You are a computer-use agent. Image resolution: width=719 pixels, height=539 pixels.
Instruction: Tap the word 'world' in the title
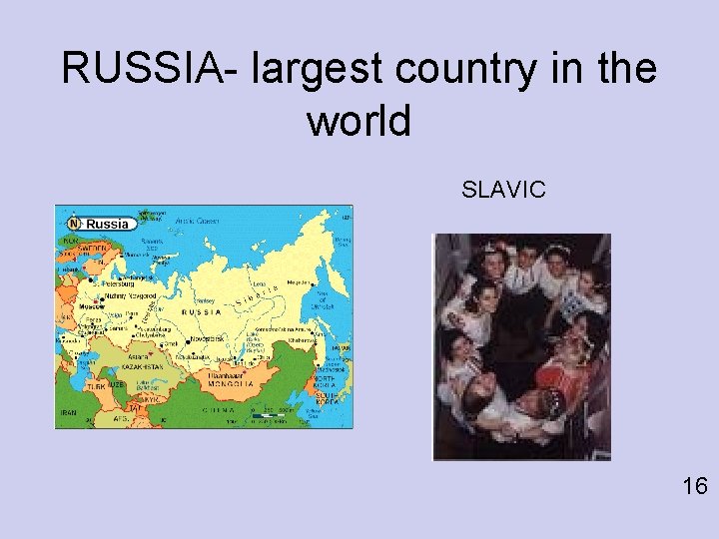click(359, 121)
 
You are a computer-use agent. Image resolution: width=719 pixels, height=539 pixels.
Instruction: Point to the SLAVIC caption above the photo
click(503, 189)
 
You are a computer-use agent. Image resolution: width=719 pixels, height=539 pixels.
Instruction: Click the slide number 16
click(695, 486)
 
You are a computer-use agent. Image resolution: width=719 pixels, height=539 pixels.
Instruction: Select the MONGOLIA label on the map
click(231, 383)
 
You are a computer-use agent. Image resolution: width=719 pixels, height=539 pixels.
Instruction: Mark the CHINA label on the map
click(219, 409)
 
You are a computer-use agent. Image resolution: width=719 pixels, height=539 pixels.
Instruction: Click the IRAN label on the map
click(70, 411)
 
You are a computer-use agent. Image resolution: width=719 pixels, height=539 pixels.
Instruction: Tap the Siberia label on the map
click(254, 295)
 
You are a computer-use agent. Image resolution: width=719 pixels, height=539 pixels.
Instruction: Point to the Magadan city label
click(299, 281)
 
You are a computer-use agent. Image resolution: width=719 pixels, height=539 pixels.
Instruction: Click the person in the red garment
click(566, 375)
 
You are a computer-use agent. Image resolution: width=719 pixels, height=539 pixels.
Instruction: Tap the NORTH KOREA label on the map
click(328, 381)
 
